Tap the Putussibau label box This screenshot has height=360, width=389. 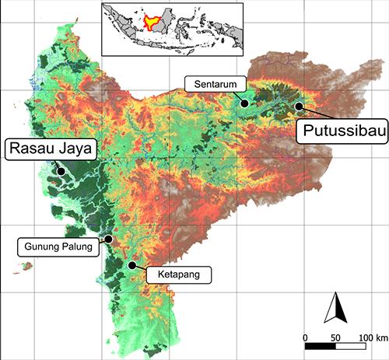[340, 130]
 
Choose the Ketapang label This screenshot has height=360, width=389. [180, 274]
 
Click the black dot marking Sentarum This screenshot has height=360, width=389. [244, 102]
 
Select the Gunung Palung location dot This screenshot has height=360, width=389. [109, 239]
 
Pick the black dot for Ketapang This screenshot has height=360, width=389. [132, 265]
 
